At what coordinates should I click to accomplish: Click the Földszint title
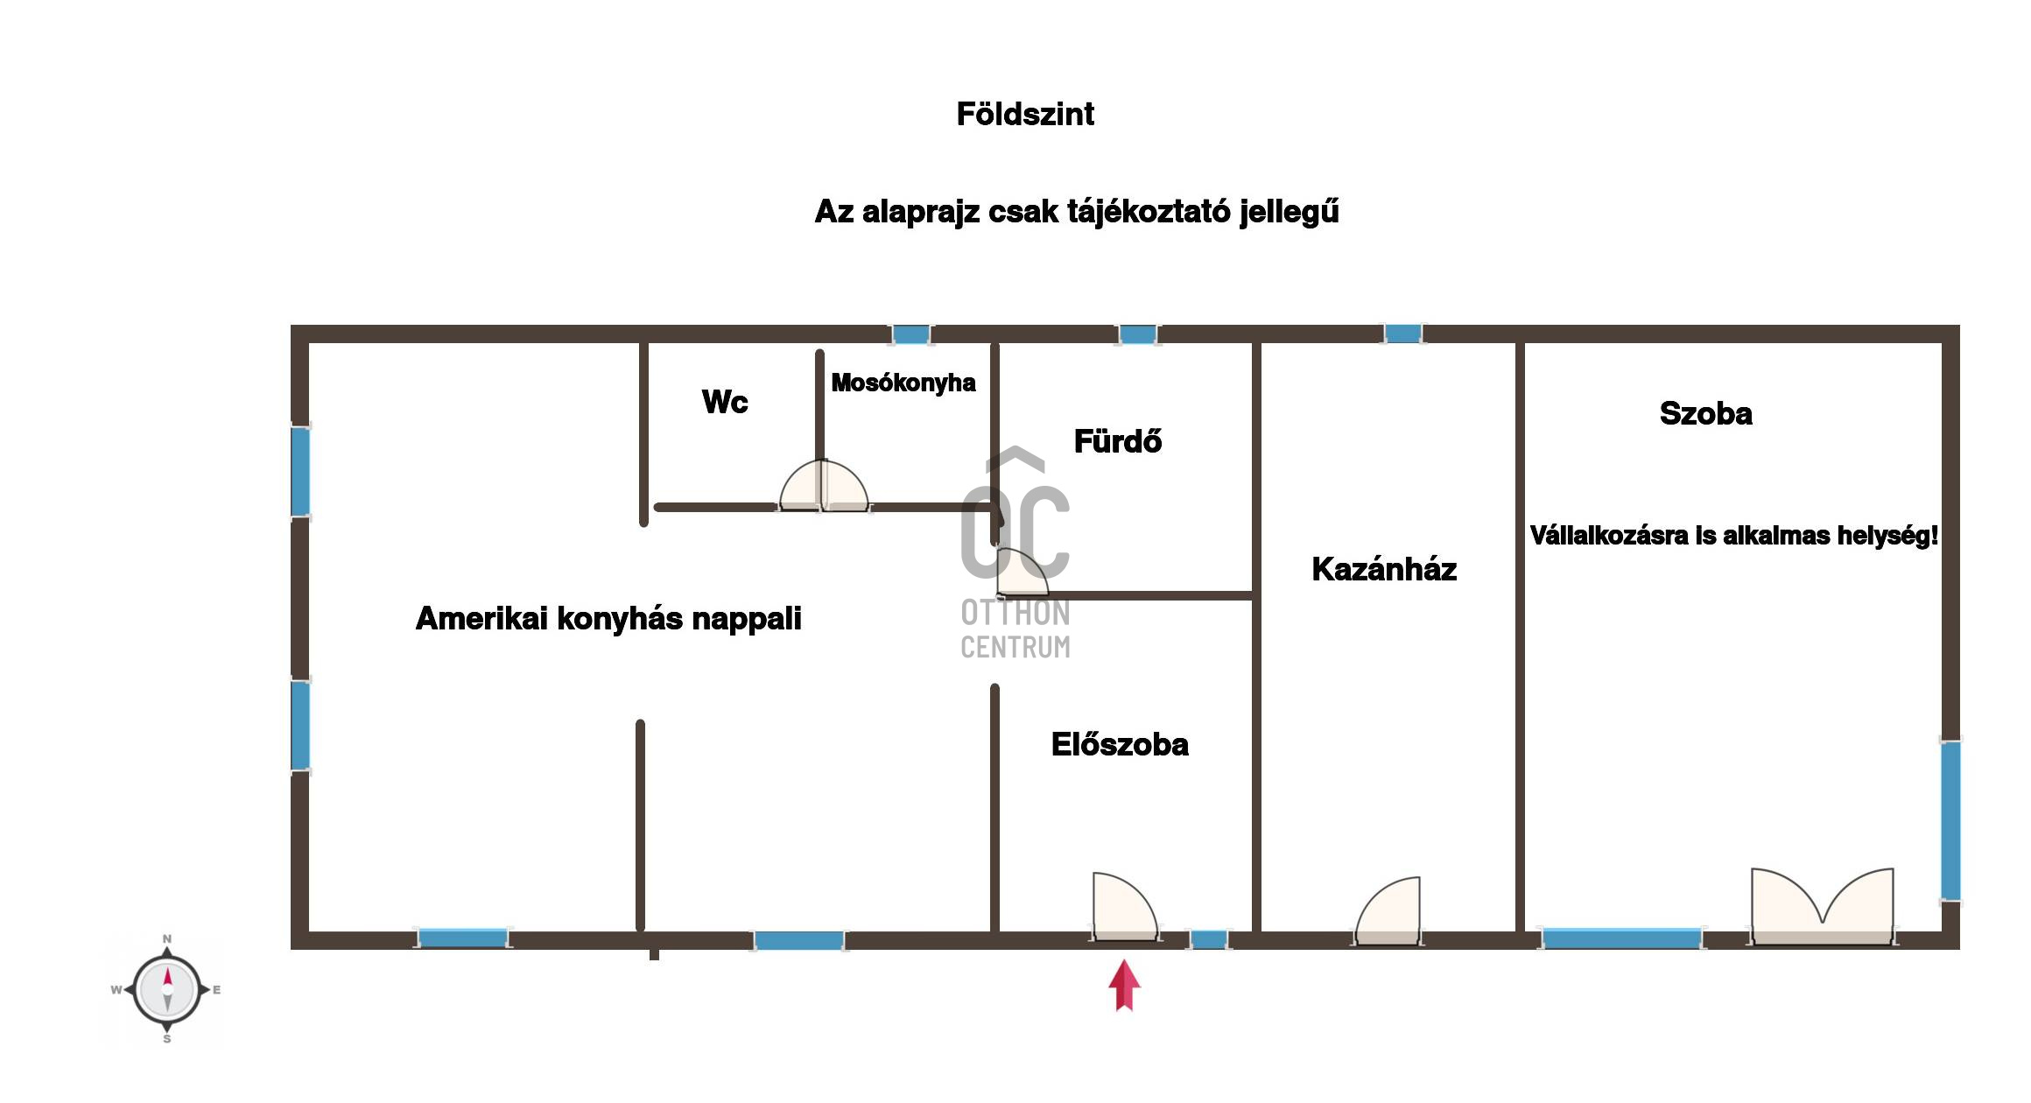(1025, 114)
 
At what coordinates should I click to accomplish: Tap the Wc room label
(725, 402)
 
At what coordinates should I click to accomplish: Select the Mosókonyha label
(903, 383)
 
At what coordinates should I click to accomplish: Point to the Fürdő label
(1118, 440)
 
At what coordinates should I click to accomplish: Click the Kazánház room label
(1384, 569)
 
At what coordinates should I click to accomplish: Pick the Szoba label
(1706, 413)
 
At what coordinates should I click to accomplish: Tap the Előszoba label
(1120, 744)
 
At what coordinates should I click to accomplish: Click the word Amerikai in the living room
(481, 618)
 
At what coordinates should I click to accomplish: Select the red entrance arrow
(1125, 986)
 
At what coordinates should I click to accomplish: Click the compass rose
(167, 990)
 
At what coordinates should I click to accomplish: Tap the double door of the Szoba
(1823, 907)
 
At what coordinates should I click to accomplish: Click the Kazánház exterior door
(1388, 911)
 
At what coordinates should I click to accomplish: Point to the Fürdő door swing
(1023, 573)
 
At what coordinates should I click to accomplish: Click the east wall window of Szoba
(1950, 820)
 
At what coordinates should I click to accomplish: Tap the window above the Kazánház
(1402, 334)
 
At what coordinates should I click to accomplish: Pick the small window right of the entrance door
(1209, 939)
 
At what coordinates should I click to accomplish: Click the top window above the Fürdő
(1138, 334)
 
